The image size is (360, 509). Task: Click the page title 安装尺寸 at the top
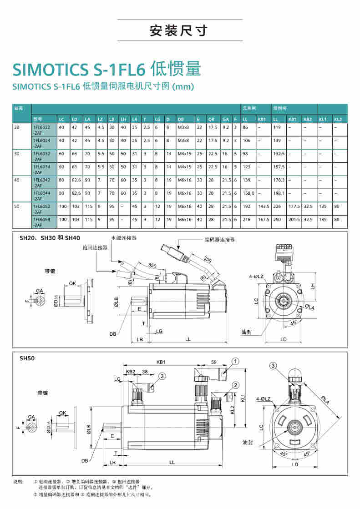(179, 31)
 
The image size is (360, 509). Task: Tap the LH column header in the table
(123, 119)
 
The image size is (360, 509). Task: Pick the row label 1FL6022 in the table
(41, 127)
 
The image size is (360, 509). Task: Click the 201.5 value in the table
(294, 219)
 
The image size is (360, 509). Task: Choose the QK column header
(211, 119)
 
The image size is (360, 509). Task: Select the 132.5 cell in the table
(279, 154)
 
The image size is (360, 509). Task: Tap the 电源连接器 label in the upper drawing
(124, 238)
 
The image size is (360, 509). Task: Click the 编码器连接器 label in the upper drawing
(219, 239)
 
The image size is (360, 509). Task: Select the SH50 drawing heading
(27, 358)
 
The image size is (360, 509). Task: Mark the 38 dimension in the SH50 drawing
(145, 372)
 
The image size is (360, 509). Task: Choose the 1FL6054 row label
(41, 219)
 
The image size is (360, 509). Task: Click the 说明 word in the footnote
(18, 481)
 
